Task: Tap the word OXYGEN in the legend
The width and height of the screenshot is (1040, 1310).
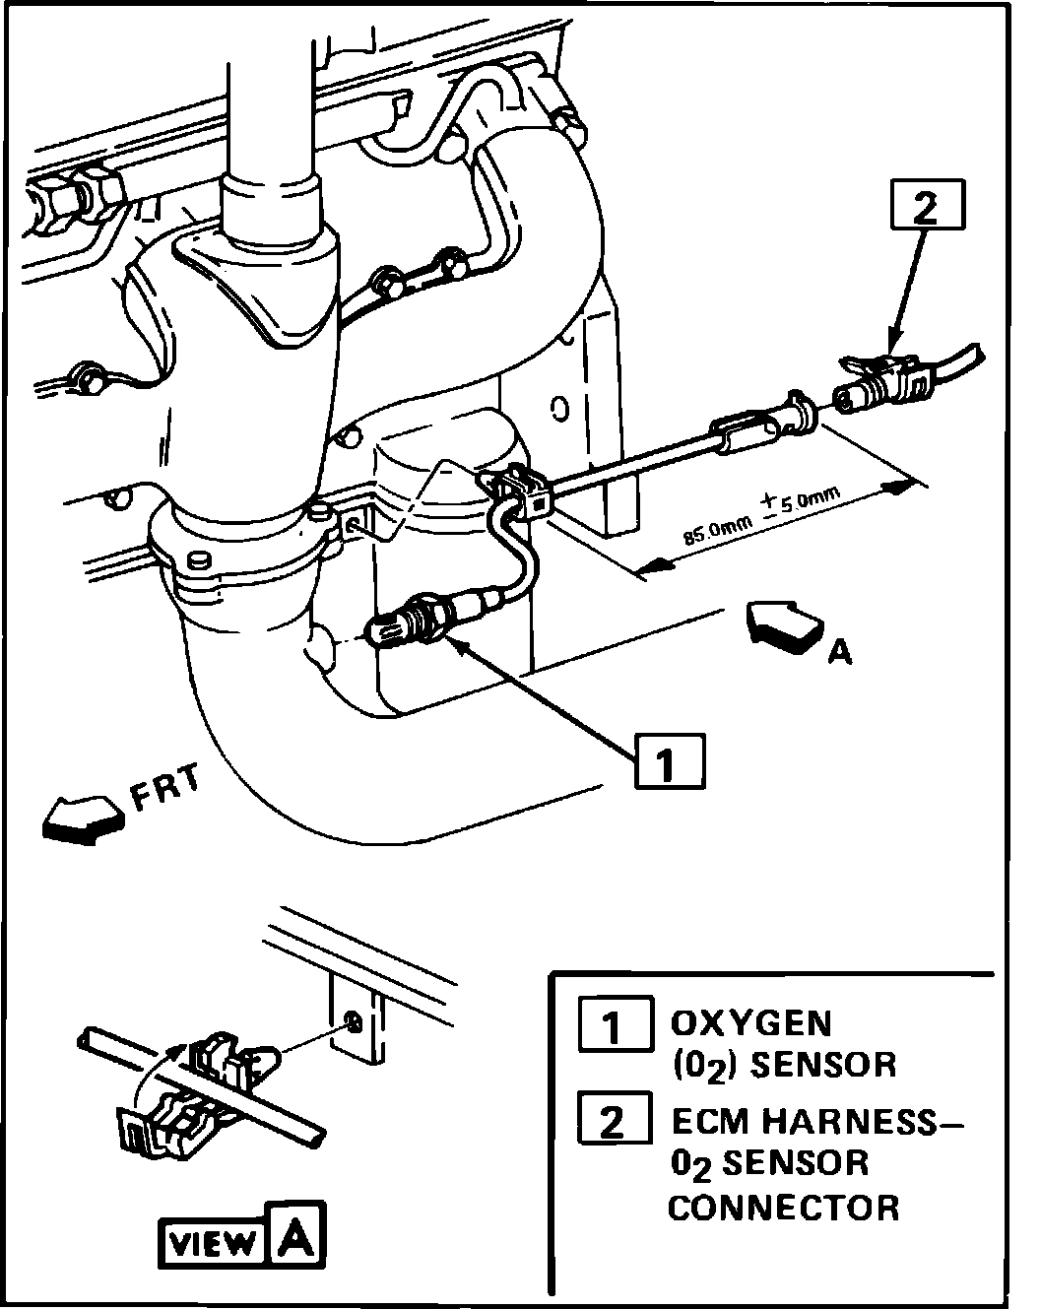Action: point(750,1023)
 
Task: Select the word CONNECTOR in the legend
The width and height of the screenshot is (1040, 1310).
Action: point(784,1207)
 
